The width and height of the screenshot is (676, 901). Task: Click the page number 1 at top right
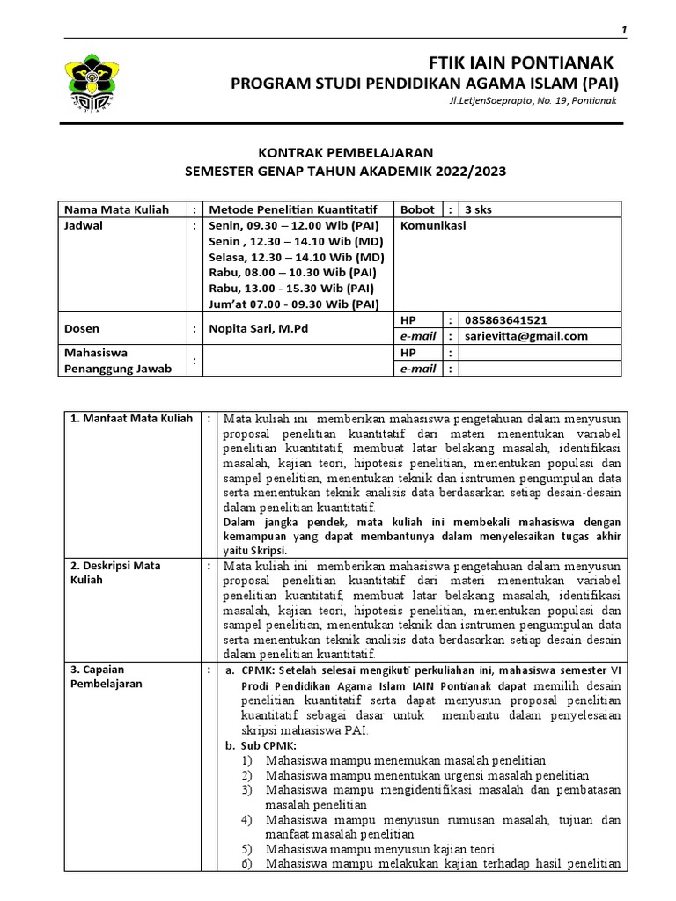pos(623,31)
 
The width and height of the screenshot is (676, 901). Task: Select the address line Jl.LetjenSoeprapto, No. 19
pos(532,101)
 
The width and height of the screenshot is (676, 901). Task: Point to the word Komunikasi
pos(433,225)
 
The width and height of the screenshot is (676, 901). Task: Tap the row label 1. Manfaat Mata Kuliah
pos(131,418)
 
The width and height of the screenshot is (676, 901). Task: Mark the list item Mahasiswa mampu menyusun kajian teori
pos(379,848)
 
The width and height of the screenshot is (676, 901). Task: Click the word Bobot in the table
pos(417,209)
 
